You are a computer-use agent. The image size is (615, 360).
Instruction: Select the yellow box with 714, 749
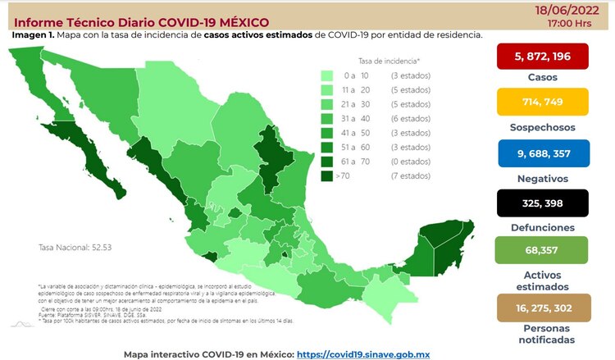(x=544, y=103)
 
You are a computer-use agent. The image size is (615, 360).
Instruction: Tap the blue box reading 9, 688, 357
(x=544, y=153)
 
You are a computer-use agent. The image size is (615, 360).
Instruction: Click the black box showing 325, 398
(x=544, y=203)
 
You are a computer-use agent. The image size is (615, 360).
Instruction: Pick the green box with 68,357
(x=544, y=253)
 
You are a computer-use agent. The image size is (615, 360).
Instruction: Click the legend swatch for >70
(x=327, y=175)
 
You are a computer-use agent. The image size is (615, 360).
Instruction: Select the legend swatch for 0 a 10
(x=327, y=75)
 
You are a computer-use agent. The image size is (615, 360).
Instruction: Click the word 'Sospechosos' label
(x=544, y=127)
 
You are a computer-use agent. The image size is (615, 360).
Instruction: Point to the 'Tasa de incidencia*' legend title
(x=389, y=61)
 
